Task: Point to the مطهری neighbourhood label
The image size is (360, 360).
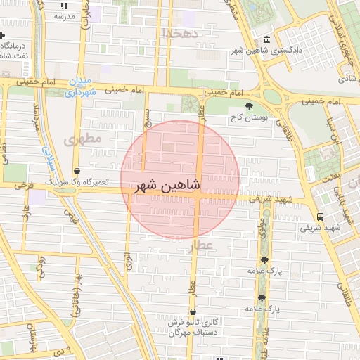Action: tap(83, 139)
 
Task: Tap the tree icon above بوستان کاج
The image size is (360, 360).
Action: tap(249, 106)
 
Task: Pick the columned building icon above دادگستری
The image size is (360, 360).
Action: tap(266, 39)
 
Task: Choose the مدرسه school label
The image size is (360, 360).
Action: tap(65, 15)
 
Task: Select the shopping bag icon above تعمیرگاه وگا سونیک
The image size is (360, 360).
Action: tap(76, 170)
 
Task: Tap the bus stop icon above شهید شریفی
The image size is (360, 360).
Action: tap(321, 217)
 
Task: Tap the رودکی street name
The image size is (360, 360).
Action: tap(41, 266)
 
